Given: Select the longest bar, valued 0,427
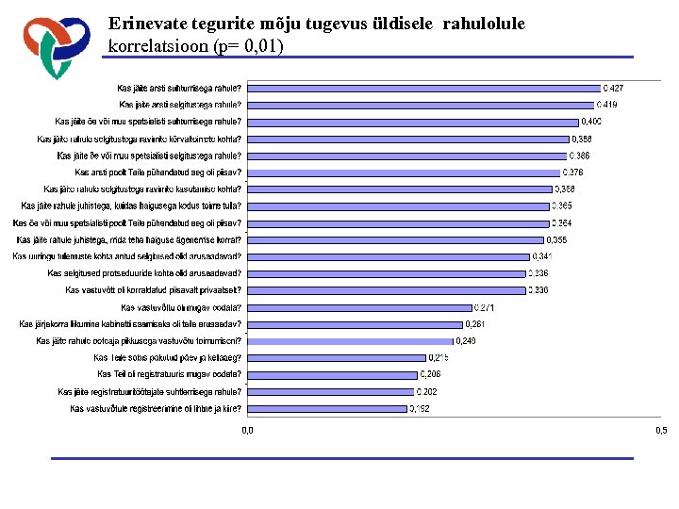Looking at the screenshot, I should click(422, 88).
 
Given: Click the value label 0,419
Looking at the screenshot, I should click(608, 105).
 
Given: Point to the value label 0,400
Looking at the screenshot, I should click(591, 122).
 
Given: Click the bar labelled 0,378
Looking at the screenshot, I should click(403, 172).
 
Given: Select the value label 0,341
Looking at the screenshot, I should click(543, 256).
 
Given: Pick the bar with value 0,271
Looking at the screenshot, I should click(358, 307).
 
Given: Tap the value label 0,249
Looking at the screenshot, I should click(468, 341).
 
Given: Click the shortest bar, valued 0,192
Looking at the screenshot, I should click(326, 408).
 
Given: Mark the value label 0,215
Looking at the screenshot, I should click(439, 358).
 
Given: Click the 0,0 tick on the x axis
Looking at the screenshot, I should click(247, 431).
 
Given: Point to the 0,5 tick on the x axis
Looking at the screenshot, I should click(660, 431).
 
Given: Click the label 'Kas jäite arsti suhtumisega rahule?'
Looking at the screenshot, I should click(179, 88).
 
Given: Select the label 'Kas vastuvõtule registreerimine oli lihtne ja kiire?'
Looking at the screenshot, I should click(156, 409).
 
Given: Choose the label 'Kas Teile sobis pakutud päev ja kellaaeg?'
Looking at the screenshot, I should click(167, 358).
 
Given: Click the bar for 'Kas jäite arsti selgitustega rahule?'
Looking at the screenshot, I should click(420, 105).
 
